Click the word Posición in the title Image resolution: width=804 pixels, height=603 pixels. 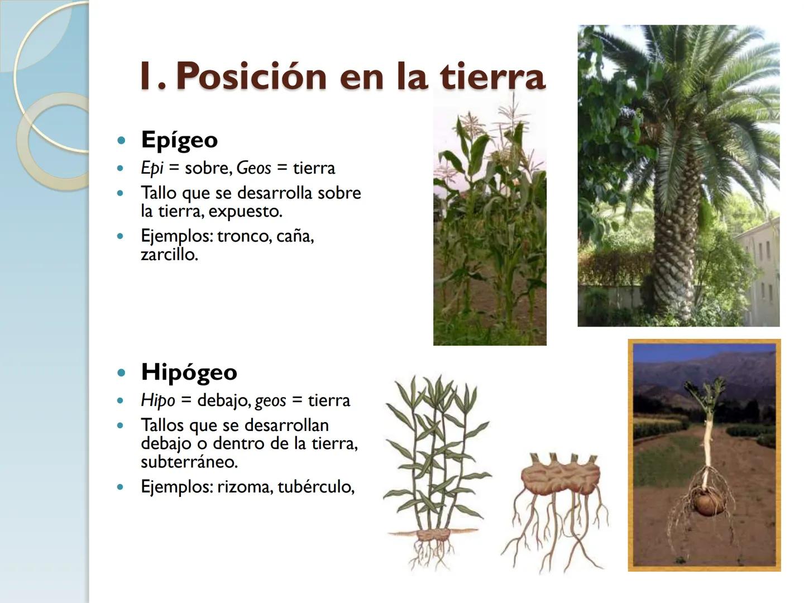point(251,76)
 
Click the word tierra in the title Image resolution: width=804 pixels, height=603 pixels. point(491,76)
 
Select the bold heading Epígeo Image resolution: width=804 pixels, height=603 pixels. point(179,140)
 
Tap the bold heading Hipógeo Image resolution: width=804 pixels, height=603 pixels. point(189,372)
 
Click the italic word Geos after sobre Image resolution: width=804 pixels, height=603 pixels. point(253,168)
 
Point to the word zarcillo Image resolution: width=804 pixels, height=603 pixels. point(169,255)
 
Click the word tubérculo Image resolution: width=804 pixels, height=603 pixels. point(315,487)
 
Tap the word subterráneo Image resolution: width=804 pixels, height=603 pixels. point(189,462)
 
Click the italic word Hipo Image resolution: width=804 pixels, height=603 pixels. point(157,400)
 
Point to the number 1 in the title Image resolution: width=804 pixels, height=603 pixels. point(146,76)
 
